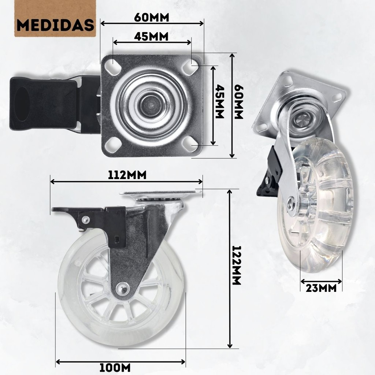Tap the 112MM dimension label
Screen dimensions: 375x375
click(127, 175)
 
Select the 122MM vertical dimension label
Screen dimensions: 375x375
click(237, 265)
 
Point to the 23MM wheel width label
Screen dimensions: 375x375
click(321, 288)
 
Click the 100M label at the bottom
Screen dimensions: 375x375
click(115, 368)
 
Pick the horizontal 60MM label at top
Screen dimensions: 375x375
click(152, 17)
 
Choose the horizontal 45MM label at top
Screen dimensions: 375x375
click(151, 37)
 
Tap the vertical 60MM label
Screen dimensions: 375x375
click(238, 102)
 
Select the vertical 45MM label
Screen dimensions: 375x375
click(219, 101)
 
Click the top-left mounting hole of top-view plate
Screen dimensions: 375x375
click(114, 64)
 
